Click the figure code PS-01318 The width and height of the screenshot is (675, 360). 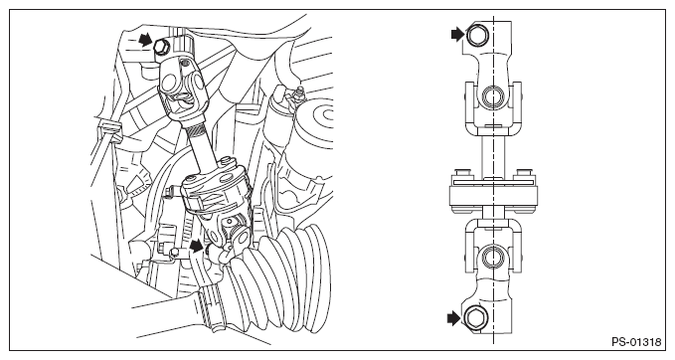pyautogui.click(x=636, y=342)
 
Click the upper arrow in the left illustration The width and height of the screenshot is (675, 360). pyautogui.click(x=146, y=40)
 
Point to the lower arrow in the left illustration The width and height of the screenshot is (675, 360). pyautogui.click(x=196, y=246)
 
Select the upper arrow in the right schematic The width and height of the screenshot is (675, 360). pyautogui.click(x=457, y=34)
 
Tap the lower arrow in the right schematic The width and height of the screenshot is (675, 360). pyautogui.click(x=453, y=319)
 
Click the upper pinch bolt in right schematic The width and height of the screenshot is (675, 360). pyautogui.click(x=477, y=35)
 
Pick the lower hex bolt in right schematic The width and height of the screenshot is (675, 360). pyautogui.click(x=474, y=319)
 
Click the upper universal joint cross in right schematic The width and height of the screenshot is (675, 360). pyautogui.click(x=492, y=96)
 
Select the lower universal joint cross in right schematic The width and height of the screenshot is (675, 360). pyautogui.click(x=492, y=258)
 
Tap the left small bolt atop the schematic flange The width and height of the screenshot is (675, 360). pyautogui.click(x=461, y=173)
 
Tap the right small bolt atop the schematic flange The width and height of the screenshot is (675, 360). pyautogui.click(x=522, y=173)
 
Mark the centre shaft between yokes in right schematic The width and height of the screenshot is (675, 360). pyautogui.click(x=493, y=156)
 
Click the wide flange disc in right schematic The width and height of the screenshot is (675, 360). pyautogui.click(x=493, y=196)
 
